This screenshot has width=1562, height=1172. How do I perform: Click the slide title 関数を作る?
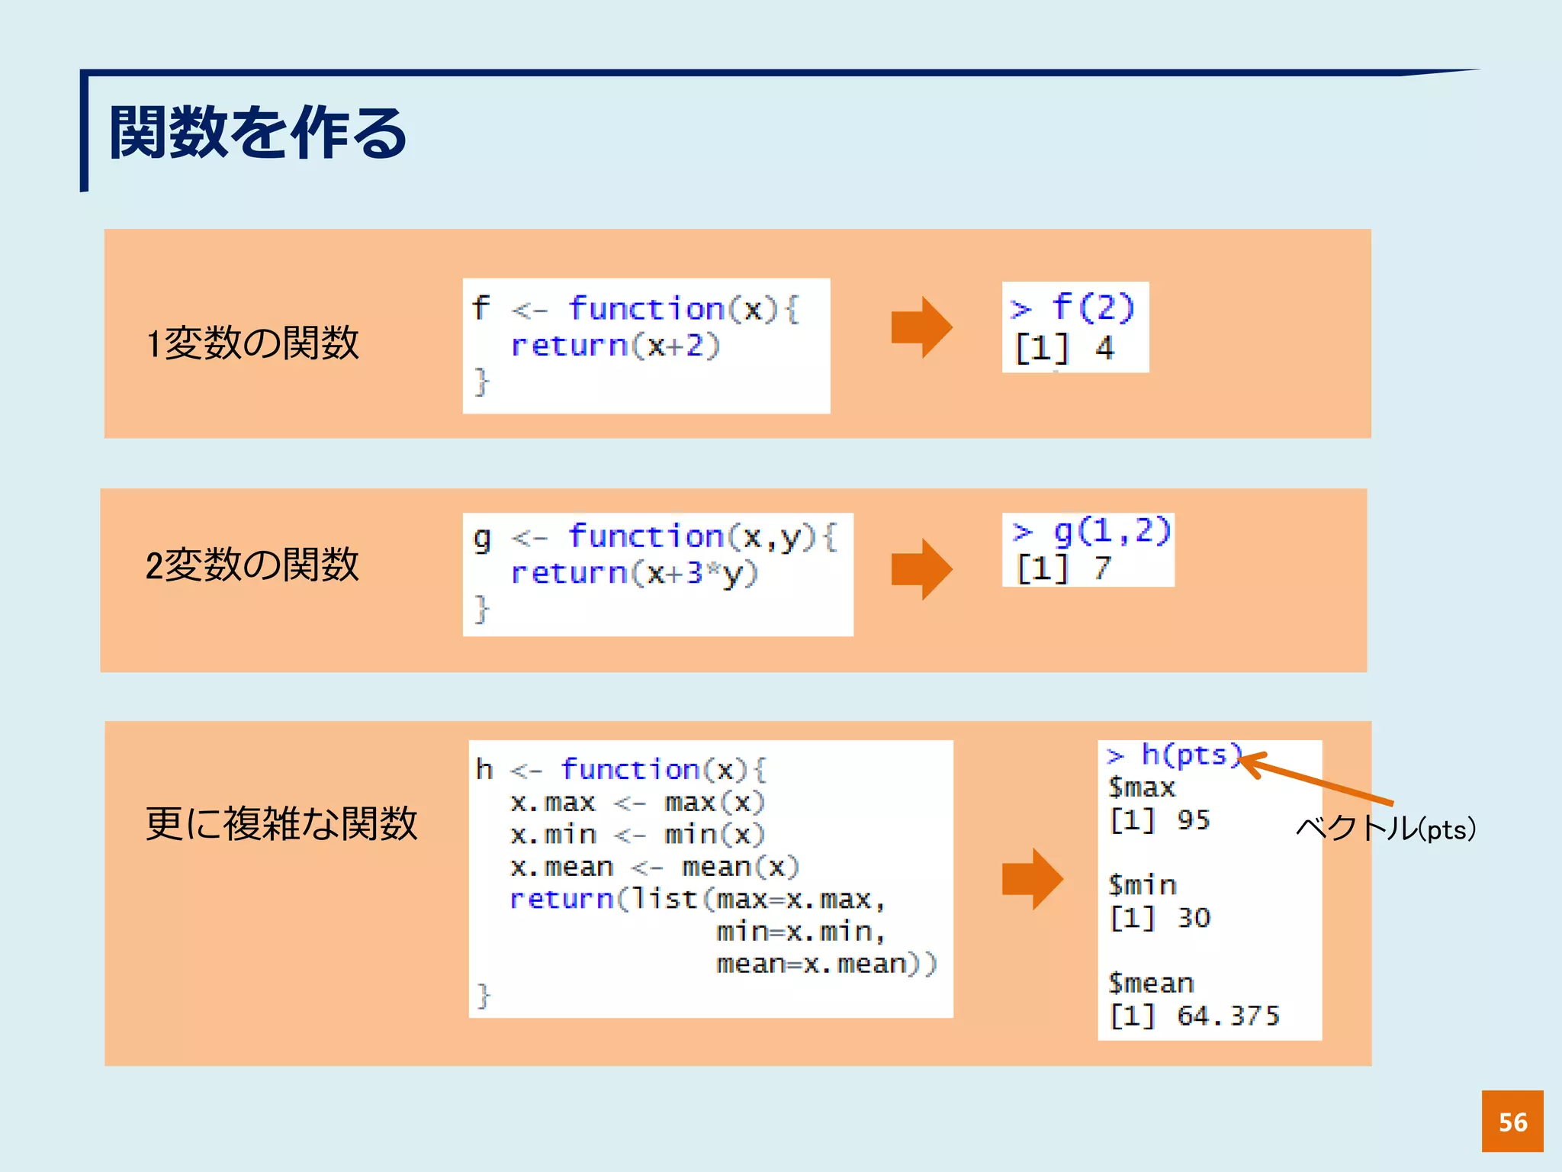click(x=258, y=133)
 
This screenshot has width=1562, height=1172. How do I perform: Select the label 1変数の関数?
click(x=252, y=343)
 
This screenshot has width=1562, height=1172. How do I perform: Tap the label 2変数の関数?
click(x=252, y=565)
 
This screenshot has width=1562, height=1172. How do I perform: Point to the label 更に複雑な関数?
click(x=281, y=823)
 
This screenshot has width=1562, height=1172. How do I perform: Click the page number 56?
click(x=1512, y=1122)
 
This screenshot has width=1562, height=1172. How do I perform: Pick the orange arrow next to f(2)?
click(x=921, y=327)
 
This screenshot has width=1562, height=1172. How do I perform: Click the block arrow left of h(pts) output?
click(x=1032, y=879)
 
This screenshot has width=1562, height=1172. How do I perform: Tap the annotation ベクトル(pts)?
click(x=1386, y=829)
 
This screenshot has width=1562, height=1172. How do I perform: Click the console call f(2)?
click(x=1092, y=307)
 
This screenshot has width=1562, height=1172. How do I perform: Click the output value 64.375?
click(x=1227, y=1016)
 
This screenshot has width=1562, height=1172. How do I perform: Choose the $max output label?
click(x=1142, y=787)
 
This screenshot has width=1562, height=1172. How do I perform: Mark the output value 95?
click(x=1193, y=820)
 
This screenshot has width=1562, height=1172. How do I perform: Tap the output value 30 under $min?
click(x=1193, y=918)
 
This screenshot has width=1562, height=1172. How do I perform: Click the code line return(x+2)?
click(x=615, y=346)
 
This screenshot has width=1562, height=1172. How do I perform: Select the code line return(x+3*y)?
click(x=634, y=573)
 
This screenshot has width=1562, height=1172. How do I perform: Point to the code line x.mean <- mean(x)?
click(x=654, y=867)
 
